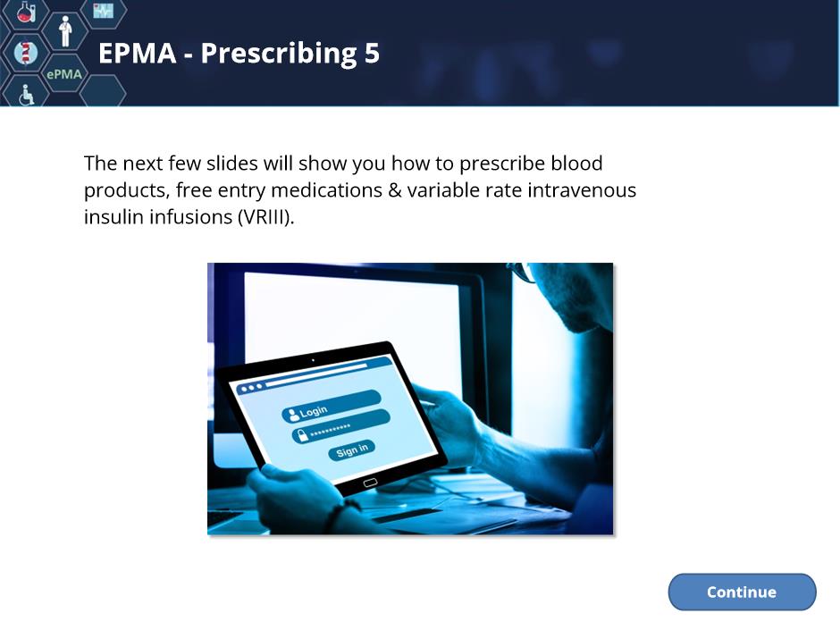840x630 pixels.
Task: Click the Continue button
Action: tap(742, 592)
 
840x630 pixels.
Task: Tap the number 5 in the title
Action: tap(373, 53)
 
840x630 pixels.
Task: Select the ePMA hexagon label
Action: tap(64, 74)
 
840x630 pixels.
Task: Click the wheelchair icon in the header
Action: tap(26, 95)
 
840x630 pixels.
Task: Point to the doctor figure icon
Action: tap(65, 31)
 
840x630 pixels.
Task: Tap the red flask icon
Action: tap(25, 11)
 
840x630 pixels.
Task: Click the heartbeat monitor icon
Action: tap(104, 10)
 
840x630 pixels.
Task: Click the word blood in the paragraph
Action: tap(577, 163)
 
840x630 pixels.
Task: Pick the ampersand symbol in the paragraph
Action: tap(395, 190)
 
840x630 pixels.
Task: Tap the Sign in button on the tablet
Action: tap(352, 450)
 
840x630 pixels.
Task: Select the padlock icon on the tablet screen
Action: tap(302, 435)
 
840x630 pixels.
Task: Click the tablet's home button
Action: tap(370, 483)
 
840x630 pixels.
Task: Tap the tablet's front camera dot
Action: tap(313, 360)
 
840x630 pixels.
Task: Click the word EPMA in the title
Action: tap(138, 53)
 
